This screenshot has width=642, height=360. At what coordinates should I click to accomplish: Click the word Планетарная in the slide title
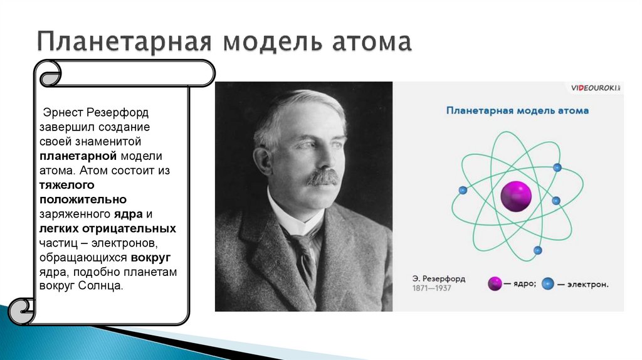pos(120,43)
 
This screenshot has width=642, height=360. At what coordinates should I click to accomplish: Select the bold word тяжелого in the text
pos(67,185)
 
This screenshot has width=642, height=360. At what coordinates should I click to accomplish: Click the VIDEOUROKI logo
pos(594,89)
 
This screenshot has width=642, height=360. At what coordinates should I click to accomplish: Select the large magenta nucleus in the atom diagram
pos(516,196)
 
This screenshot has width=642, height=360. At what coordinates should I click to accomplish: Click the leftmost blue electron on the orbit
pos(463,190)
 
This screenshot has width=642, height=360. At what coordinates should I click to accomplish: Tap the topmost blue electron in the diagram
pos(557,167)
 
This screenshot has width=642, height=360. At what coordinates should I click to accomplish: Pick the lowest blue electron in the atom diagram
pos(537,250)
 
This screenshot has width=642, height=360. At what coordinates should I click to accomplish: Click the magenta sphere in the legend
pos(495,283)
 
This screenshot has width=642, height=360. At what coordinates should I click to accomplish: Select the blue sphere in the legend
pos(549,283)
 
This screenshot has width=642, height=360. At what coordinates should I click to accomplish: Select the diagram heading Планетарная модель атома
pos(517,111)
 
